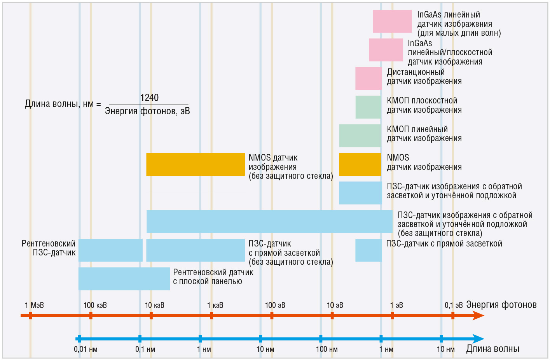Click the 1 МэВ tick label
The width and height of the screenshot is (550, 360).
tap(34, 305)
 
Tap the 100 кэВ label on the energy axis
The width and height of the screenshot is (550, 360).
tap(95, 305)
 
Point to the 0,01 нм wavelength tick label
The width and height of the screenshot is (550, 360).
tap(86, 349)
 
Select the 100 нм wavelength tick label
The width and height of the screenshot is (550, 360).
tap(327, 349)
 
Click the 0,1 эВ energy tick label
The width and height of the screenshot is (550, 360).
tap(454, 305)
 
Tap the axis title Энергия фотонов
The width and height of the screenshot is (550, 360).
tap(501, 305)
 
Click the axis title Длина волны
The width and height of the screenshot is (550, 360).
tap(492, 349)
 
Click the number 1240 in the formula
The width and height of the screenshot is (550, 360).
tap(149, 98)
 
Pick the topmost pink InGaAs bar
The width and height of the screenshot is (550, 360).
tap(392, 21)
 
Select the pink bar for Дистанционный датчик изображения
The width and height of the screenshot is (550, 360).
tap(368, 79)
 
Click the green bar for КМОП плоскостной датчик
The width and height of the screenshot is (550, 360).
tap(368, 107)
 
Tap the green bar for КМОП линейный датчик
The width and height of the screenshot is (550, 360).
tap(360, 136)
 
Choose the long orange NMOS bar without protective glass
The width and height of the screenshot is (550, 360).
tap(196, 164)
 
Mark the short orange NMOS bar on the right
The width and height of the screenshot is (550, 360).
tap(360, 164)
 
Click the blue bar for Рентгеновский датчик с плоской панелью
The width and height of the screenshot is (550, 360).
tap(124, 279)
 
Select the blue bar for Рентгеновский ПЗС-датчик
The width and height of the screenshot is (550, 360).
tap(110, 250)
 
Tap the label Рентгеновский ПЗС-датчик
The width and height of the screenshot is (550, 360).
tap(49, 248)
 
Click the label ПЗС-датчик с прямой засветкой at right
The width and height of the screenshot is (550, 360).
tap(444, 244)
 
